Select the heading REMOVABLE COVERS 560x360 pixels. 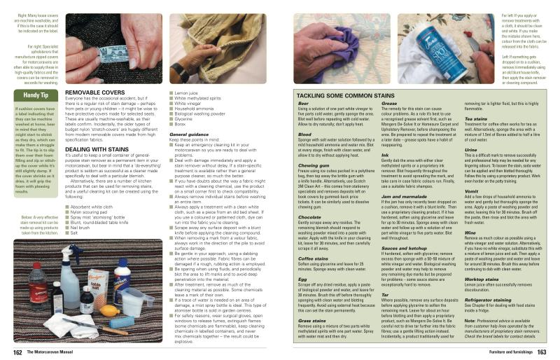pos(94,92)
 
